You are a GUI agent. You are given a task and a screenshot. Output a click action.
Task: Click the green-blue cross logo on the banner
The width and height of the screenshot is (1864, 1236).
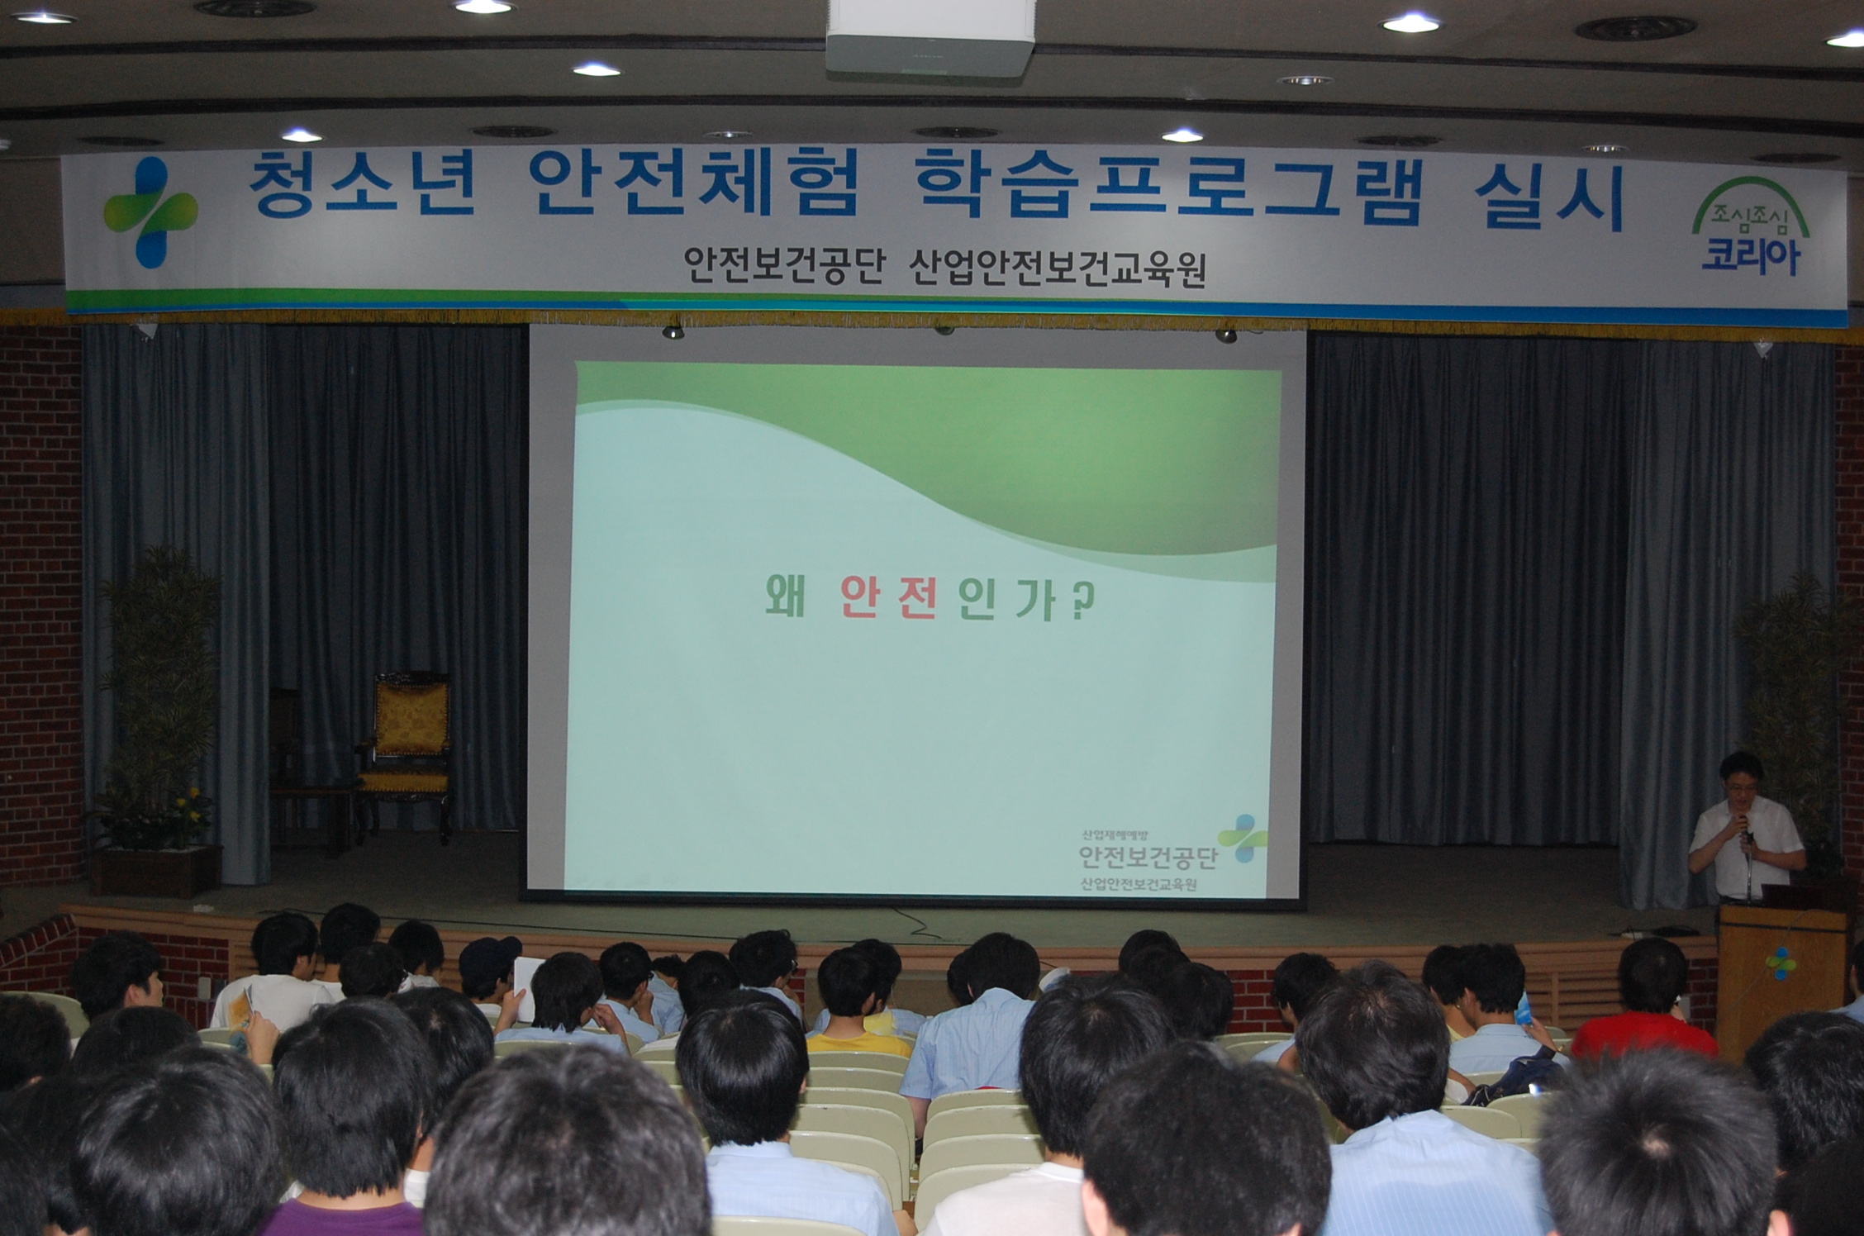tap(150, 212)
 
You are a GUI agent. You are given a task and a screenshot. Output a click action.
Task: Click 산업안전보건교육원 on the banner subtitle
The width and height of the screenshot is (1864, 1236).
tap(1058, 269)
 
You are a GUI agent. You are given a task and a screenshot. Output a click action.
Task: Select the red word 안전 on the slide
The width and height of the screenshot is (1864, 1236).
tap(889, 597)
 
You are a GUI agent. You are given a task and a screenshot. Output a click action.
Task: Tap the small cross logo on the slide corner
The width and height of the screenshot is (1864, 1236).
tap(1242, 839)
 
